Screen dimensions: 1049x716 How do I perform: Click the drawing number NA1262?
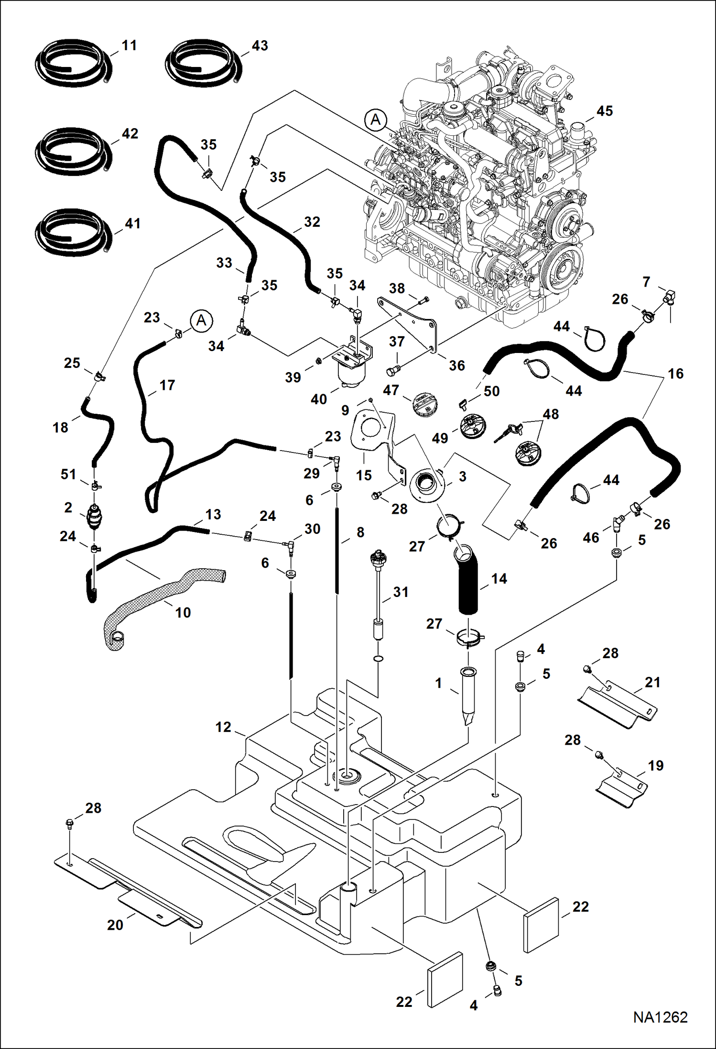click(660, 1017)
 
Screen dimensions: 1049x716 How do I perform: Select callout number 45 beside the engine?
click(604, 111)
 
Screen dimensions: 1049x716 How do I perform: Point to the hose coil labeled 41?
click(72, 232)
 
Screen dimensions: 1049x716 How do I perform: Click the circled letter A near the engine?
click(376, 120)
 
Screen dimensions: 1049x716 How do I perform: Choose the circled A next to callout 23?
click(201, 320)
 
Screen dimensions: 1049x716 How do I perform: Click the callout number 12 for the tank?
click(223, 727)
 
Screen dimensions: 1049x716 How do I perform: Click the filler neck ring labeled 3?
click(427, 486)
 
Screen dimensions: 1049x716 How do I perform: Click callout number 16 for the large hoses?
click(675, 374)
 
